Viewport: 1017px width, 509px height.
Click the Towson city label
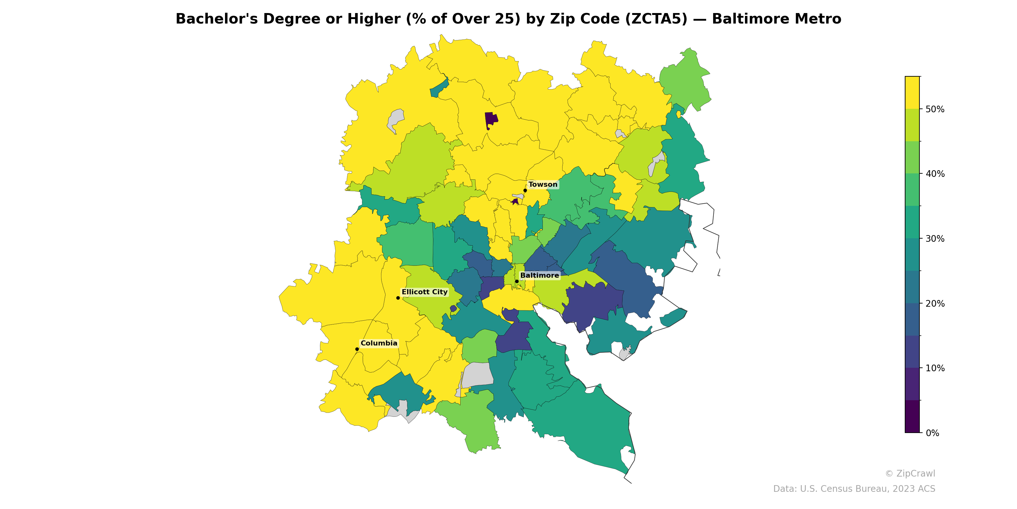[x=543, y=185]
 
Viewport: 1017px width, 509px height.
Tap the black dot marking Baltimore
[x=516, y=281]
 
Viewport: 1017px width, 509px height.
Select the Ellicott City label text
[x=424, y=292]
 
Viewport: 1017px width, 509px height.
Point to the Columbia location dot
[x=357, y=349]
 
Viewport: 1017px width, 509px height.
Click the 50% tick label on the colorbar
[x=935, y=109]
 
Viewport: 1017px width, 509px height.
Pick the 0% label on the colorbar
[x=932, y=433]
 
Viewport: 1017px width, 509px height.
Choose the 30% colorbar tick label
[x=935, y=239]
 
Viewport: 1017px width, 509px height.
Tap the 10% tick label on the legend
[x=935, y=368]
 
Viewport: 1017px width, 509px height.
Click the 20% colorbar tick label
[x=935, y=303]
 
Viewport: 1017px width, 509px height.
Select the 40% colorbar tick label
[x=935, y=174]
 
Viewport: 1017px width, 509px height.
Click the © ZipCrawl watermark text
[x=910, y=473]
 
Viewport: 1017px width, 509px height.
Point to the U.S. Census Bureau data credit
[x=854, y=489]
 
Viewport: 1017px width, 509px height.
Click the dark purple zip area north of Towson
[x=491, y=119]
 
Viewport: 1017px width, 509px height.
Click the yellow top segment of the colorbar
[x=912, y=93]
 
